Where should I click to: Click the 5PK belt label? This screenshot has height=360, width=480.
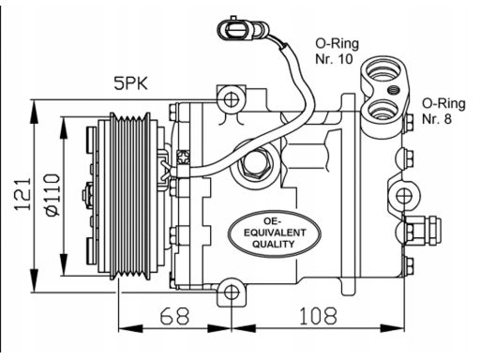[130, 83]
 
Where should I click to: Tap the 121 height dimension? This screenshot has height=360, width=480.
[22, 194]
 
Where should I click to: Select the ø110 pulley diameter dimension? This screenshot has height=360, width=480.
[52, 194]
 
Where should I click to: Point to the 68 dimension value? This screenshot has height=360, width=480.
[174, 316]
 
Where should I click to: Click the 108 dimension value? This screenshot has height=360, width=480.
[318, 316]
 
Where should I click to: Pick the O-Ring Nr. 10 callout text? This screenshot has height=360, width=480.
[337, 51]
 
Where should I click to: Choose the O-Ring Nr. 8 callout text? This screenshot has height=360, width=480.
[443, 111]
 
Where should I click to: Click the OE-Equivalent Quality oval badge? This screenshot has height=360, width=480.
[275, 233]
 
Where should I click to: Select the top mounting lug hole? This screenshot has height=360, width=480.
[232, 100]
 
